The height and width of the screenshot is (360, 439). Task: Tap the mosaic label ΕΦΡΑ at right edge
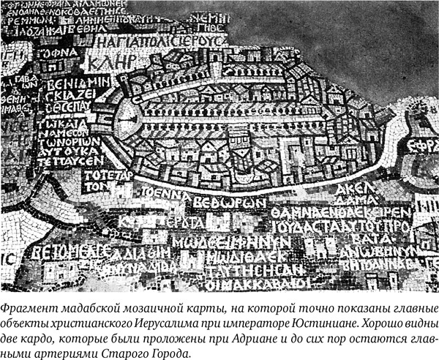422,144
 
